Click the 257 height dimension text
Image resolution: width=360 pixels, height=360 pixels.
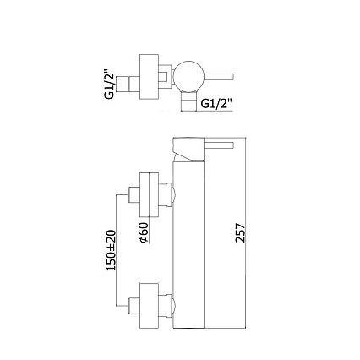point(240,232)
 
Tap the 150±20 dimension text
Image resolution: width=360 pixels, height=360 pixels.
point(111,250)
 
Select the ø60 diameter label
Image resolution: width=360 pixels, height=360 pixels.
point(144,232)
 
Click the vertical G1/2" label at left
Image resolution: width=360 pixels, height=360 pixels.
point(109,83)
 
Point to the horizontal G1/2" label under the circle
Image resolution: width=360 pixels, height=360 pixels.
point(216,103)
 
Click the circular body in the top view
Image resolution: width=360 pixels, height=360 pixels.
point(188,76)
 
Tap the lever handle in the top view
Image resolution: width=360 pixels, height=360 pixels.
point(219,77)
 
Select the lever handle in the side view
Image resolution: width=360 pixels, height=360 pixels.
point(219,145)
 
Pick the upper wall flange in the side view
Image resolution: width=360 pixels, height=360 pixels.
point(150,195)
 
